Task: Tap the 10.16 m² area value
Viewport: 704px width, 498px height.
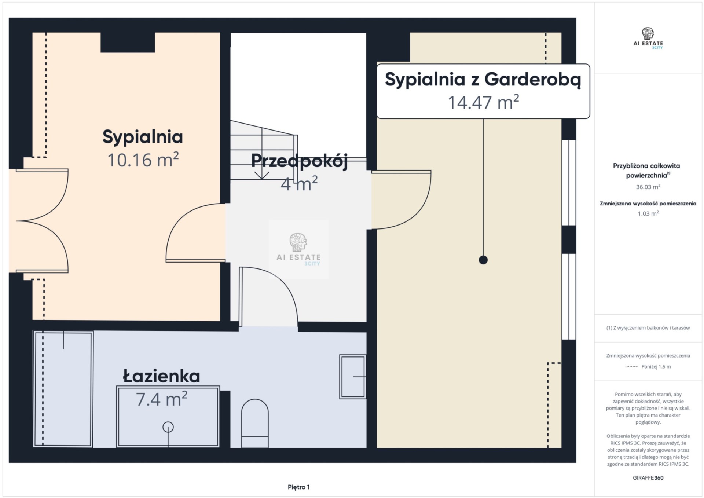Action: [x=143, y=160]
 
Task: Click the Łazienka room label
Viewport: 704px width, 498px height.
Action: [x=161, y=377]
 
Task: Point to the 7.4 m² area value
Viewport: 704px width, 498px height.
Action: [x=162, y=399]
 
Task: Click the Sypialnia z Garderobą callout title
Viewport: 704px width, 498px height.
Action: [x=483, y=80]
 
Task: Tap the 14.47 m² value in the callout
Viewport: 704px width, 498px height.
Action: [x=483, y=102]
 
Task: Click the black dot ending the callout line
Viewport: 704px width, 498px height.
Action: [x=483, y=260]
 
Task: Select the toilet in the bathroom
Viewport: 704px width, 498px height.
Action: [x=255, y=424]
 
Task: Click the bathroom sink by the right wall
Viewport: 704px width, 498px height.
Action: [x=353, y=377]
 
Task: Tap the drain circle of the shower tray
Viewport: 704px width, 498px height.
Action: [x=168, y=427]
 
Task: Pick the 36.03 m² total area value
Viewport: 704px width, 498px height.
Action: [x=648, y=187]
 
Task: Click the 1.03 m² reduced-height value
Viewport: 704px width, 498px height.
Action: [x=648, y=213]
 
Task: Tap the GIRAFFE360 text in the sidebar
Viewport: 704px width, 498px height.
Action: [x=648, y=478]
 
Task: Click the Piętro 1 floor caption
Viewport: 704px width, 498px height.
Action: [x=299, y=487]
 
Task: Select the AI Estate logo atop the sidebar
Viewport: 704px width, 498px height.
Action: [x=648, y=38]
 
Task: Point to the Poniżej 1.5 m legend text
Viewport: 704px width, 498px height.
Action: [x=656, y=367]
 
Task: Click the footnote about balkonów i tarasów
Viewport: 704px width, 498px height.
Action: [x=648, y=328]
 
